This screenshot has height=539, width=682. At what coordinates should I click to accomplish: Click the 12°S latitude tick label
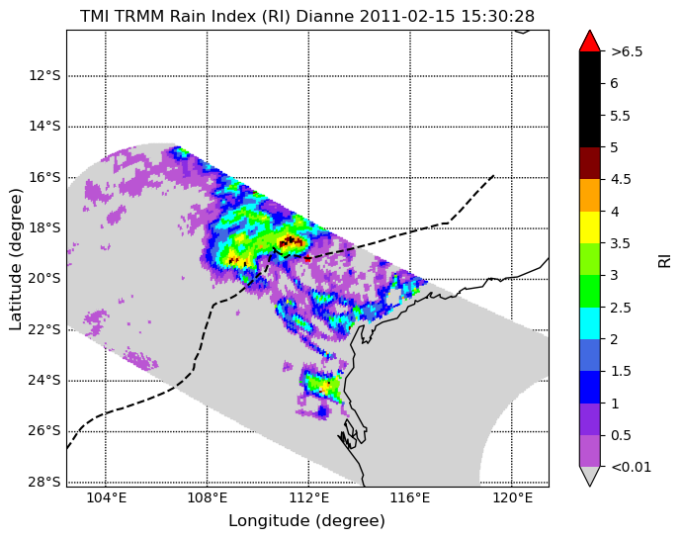point(44,76)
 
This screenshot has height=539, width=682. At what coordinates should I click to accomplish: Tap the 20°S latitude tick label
point(44,279)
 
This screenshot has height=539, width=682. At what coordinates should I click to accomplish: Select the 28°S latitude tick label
point(44,482)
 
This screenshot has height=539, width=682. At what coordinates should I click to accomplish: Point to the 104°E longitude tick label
point(106,497)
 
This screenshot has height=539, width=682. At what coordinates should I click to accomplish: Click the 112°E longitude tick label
point(309,497)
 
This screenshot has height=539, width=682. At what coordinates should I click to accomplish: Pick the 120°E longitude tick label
point(512,497)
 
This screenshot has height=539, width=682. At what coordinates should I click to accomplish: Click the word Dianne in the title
point(325,17)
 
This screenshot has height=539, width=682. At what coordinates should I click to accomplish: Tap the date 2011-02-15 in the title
point(407,17)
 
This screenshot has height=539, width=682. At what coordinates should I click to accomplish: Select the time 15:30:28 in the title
point(497,17)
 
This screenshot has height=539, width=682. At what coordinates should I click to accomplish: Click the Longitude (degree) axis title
point(307,521)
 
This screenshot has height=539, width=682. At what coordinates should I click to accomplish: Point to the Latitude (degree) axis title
point(16,259)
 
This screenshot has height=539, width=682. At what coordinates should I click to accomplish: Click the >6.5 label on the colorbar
point(627,51)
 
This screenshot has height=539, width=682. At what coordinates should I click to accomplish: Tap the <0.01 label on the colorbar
point(632,467)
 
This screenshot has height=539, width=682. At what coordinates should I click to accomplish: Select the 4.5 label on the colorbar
point(621,179)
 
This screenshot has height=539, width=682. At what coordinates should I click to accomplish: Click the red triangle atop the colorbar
point(590,41)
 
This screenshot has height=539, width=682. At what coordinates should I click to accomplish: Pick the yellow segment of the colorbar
point(590,227)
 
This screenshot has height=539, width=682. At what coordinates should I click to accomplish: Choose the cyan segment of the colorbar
point(590,323)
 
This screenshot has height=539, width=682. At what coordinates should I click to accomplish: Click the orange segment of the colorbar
point(590,196)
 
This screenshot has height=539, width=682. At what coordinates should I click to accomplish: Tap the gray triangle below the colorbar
point(590,476)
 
